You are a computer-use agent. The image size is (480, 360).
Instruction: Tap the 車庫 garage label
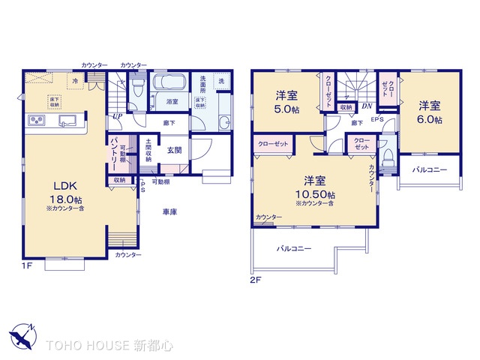click(x=169, y=212)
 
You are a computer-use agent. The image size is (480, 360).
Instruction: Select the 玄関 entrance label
click(x=173, y=150)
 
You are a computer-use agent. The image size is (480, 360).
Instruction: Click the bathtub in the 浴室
click(x=172, y=84)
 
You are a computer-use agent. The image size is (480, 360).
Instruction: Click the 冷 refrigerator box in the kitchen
click(x=76, y=80)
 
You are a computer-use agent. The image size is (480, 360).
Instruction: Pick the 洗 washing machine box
click(x=221, y=81)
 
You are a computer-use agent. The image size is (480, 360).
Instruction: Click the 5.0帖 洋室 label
click(x=286, y=101)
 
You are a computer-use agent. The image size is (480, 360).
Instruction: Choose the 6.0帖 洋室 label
click(x=430, y=112)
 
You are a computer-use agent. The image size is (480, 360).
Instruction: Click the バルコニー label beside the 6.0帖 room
click(x=429, y=170)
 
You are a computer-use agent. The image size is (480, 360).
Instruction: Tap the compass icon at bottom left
click(x=22, y=338)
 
